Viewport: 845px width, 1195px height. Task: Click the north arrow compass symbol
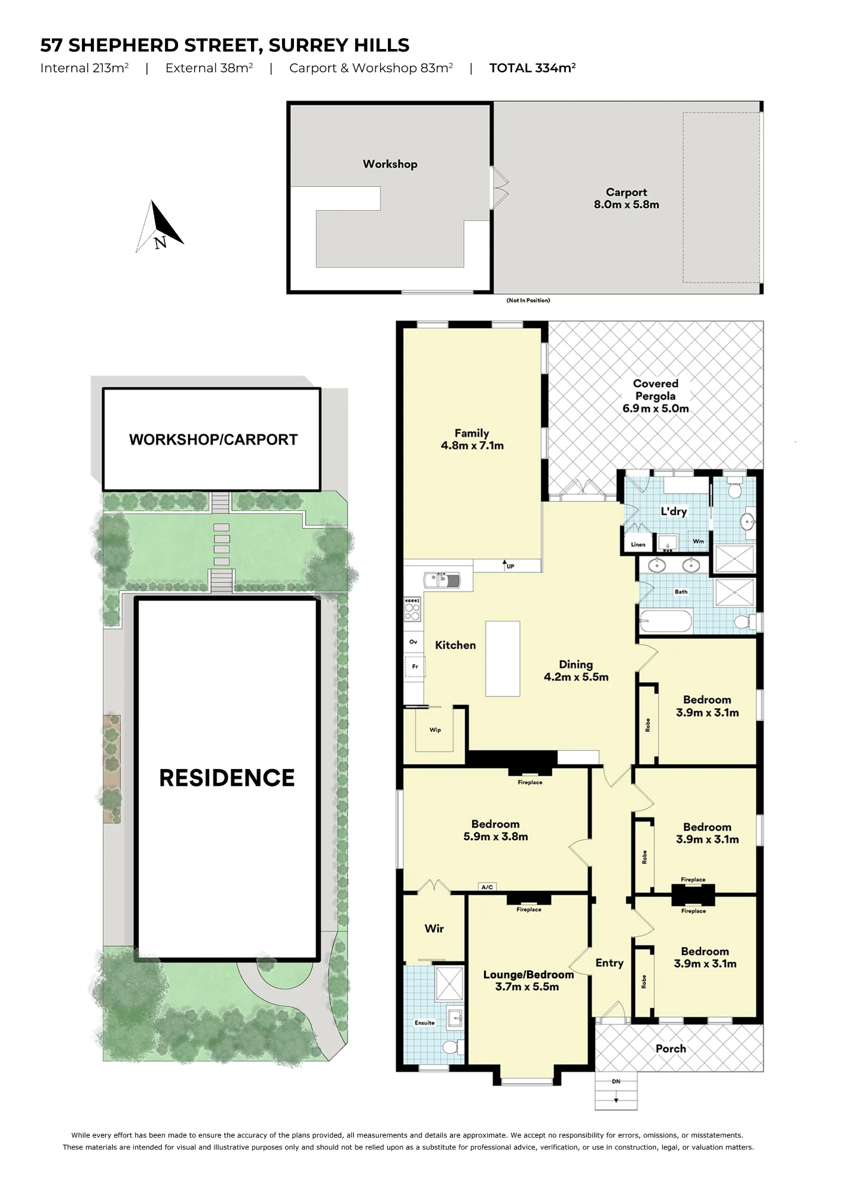(x=159, y=227)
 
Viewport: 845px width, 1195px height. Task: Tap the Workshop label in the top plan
(x=390, y=164)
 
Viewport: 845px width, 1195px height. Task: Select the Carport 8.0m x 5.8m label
(x=626, y=198)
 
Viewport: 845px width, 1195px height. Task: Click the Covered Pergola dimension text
(x=656, y=409)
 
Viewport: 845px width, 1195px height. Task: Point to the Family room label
(x=472, y=439)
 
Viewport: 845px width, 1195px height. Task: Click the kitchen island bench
(x=503, y=658)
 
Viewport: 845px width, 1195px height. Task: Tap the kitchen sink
(x=442, y=580)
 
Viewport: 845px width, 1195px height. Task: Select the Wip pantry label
(x=435, y=730)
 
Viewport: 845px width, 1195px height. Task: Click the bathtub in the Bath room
(x=666, y=621)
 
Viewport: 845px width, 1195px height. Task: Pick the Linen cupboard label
(x=638, y=544)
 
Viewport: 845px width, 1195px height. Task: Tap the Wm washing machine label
(x=698, y=541)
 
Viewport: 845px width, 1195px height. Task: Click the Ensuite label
(x=425, y=1022)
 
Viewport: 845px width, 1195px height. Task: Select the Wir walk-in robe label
(x=434, y=928)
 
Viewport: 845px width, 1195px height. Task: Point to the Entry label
(x=610, y=963)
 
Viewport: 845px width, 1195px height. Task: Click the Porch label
(x=671, y=1048)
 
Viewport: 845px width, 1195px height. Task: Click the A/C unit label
(x=487, y=887)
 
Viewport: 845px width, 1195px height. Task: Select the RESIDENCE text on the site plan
(x=227, y=778)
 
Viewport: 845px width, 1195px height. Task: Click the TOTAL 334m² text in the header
(x=532, y=68)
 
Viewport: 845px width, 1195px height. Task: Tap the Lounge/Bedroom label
(x=528, y=980)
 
